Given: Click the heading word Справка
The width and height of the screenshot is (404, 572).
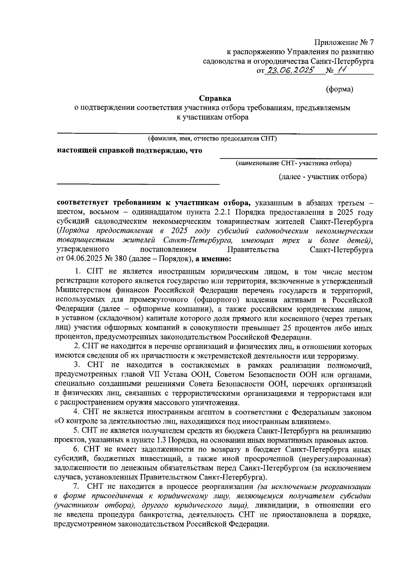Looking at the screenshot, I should [x=215, y=98].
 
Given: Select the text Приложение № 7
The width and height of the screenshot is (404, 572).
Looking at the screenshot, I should [x=344, y=42].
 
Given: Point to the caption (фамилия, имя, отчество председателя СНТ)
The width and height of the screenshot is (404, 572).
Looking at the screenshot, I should [x=212, y=139].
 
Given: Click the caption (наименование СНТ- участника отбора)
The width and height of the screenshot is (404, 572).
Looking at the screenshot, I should [x=293, y=163].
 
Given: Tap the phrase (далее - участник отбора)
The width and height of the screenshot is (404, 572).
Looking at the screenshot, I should [x=323, y=177].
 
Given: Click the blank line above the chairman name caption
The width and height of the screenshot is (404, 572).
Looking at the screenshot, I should [x=217, y=134].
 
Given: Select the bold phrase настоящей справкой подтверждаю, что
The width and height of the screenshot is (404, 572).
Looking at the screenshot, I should [x=130, y=151].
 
